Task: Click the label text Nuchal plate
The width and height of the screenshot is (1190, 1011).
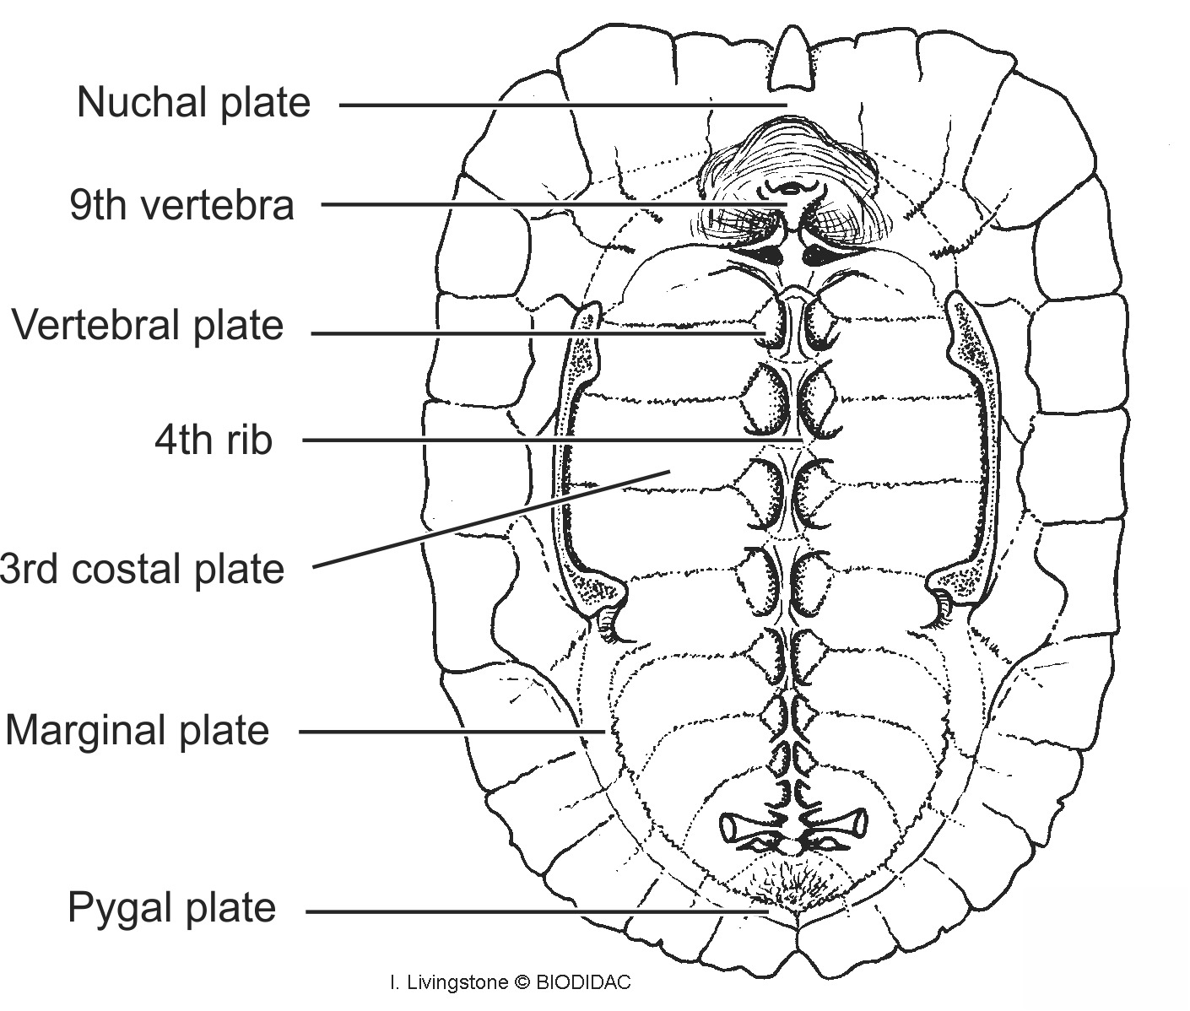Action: tap(193, 103)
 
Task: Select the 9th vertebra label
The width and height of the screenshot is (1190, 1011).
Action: tap(181, 205)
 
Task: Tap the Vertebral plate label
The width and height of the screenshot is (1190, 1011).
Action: tap(148, 326)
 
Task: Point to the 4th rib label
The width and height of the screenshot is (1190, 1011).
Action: tap(214, 440)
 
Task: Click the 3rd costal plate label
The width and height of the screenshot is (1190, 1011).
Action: tap(142, 570)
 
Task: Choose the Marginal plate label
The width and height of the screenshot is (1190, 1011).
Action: tap(137, 730)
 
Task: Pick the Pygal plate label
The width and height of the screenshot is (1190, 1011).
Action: tap(171, 908)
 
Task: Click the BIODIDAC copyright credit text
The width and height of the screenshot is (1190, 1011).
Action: tap(510, 982)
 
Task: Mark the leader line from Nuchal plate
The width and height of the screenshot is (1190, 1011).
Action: tap(557, 105)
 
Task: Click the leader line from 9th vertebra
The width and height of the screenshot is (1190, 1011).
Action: tap(549, 204)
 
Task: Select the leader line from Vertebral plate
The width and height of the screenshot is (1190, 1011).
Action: tap(532, 333)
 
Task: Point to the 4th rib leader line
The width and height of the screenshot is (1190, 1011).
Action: tap(549, 440)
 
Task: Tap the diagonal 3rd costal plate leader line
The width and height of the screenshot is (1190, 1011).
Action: tap(490, 519)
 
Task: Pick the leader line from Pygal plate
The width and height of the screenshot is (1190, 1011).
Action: tap(532, 911)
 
